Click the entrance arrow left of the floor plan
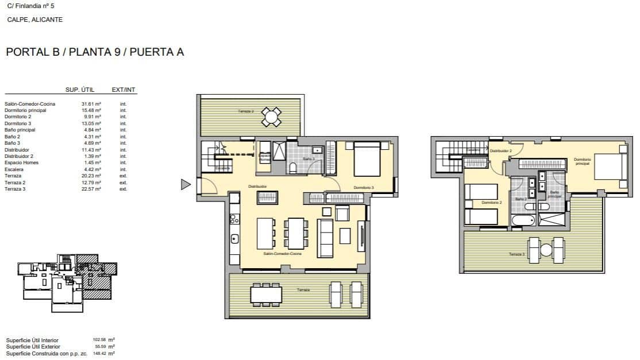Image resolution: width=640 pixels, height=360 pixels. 185,184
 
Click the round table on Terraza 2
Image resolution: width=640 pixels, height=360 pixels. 271,117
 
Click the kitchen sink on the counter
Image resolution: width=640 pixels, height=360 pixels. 234,238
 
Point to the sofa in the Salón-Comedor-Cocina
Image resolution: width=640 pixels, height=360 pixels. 325,238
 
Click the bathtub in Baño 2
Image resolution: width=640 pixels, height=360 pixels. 521,221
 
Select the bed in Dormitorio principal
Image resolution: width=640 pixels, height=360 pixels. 610,167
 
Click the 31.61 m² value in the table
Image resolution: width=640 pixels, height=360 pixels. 91,104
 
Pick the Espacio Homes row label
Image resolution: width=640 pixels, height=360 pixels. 20,163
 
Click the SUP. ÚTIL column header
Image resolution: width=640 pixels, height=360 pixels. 80,90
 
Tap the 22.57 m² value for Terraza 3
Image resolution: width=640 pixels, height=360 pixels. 91,189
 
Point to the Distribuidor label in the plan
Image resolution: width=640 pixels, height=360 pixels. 257,187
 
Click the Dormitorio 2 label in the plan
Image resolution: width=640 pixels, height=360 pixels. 491,203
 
